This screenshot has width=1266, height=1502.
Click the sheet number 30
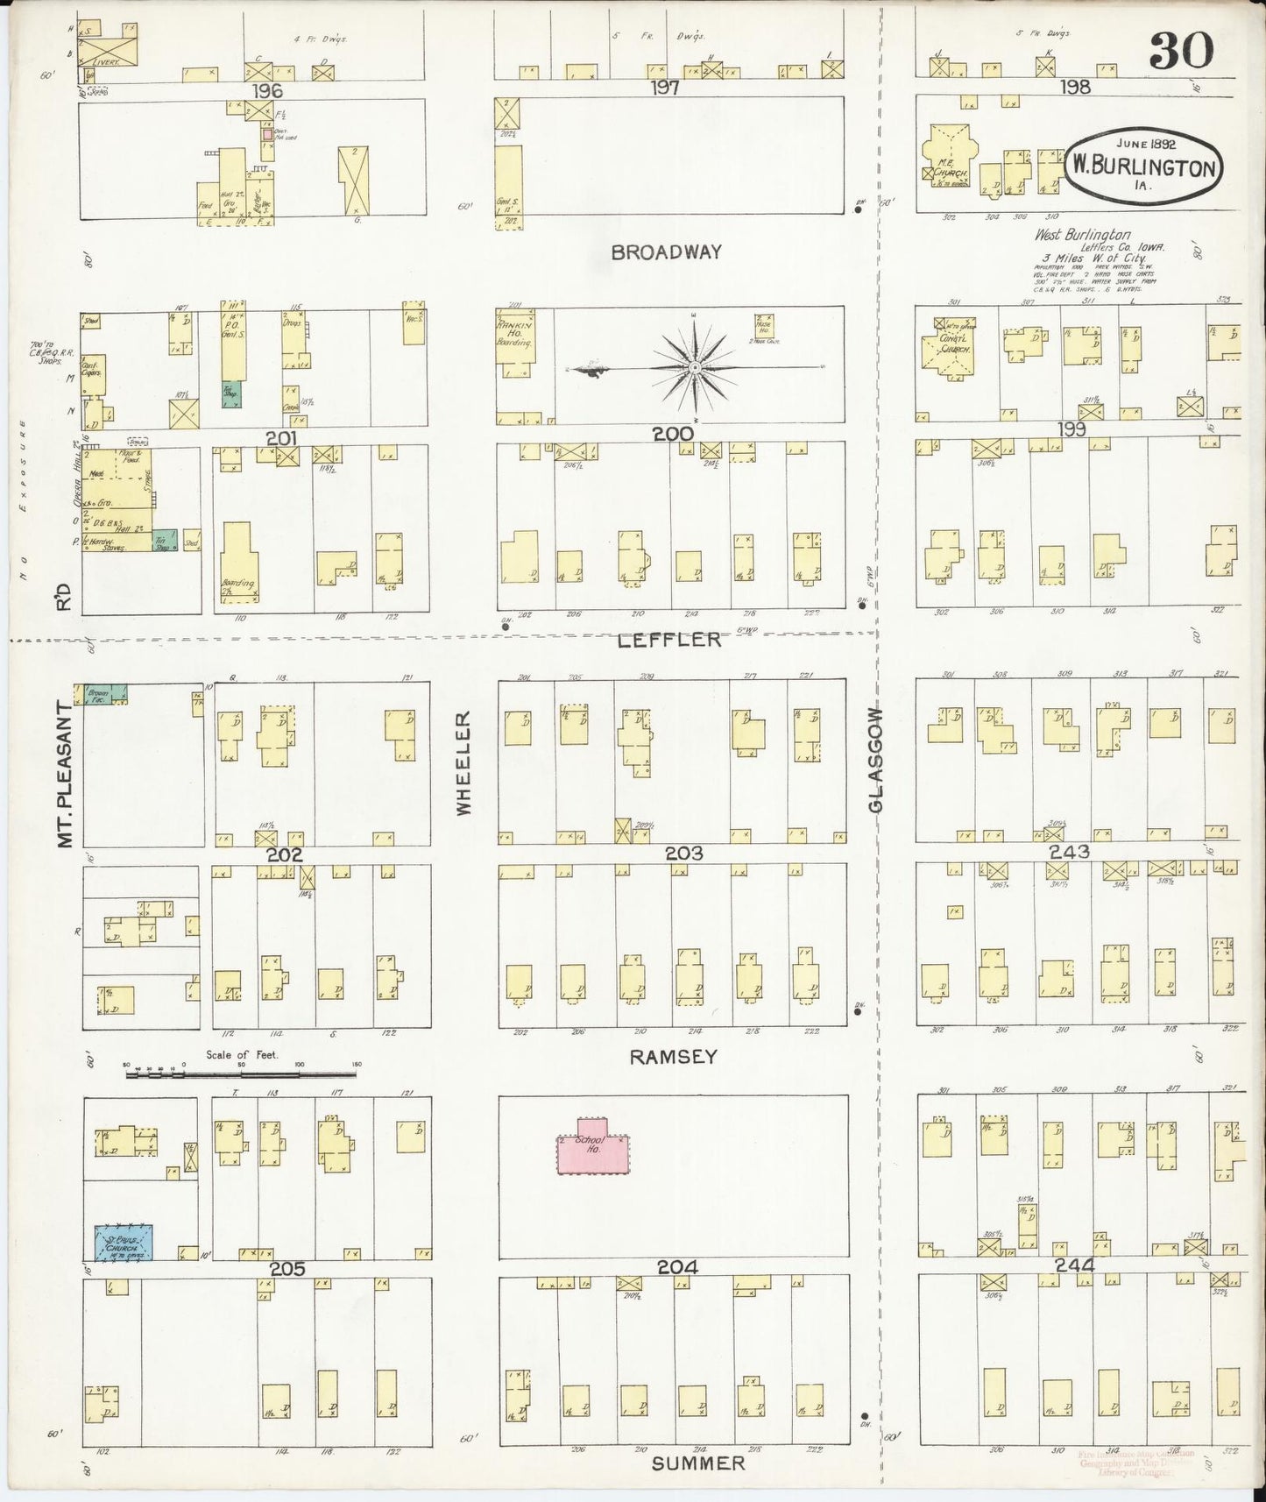(x=1180, y=51)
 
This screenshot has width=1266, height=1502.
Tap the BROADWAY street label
(x=667, y=252)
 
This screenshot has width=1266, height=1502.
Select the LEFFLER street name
(x=669, y=640)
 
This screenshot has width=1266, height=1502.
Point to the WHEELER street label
(x=463, y=762)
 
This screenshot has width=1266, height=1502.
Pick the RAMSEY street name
(x=673, y=1057)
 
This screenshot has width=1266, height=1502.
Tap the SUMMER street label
(x=698, y=1463)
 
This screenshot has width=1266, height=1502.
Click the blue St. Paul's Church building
(x=124, y=1243)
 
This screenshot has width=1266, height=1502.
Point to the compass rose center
(x=694, y=366)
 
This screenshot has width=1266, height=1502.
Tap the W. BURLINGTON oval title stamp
(x=1143, y=166)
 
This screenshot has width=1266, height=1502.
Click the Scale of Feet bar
(x=241, y=1072)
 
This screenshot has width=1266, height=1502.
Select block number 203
(x=683, y=853)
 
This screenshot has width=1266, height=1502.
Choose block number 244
(x=1074, y=1265)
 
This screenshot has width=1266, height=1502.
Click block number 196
(x=267, y=91)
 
